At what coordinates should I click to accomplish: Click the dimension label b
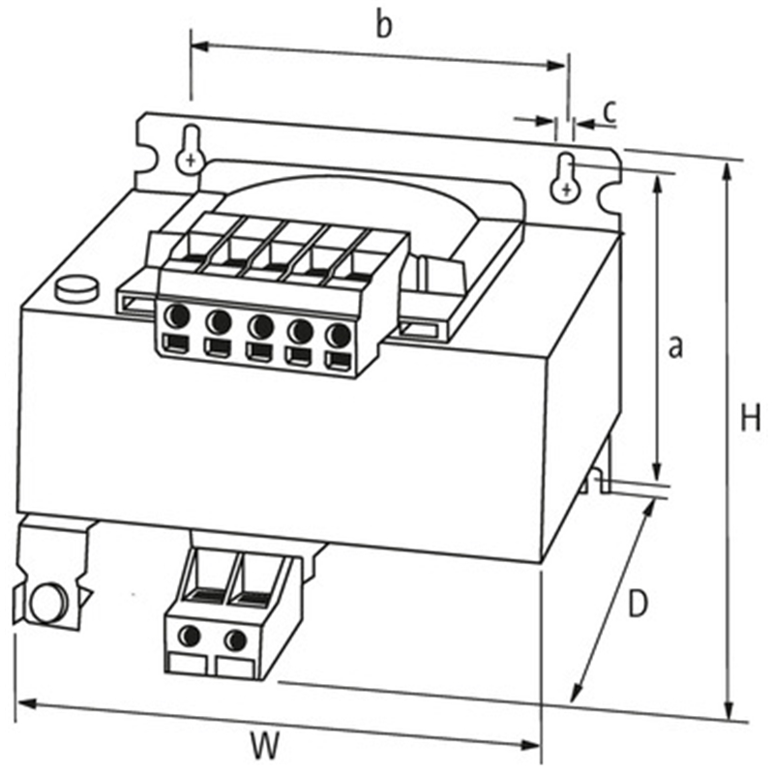coord(384,26)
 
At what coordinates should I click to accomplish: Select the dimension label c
coord(609,111)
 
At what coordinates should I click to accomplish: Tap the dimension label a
coord(675,345)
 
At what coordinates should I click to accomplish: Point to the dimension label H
coord(751,418)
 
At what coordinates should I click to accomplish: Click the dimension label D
coord(636,605)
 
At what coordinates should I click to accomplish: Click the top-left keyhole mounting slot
coord(192,150)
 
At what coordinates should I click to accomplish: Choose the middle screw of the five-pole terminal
coord(259,324)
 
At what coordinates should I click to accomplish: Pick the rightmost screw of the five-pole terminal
coord(337,335)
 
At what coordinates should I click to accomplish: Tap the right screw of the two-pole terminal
coord(235,640)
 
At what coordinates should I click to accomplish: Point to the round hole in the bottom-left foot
coord(45,603)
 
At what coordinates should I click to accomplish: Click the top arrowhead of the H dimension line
coord(726,168)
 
